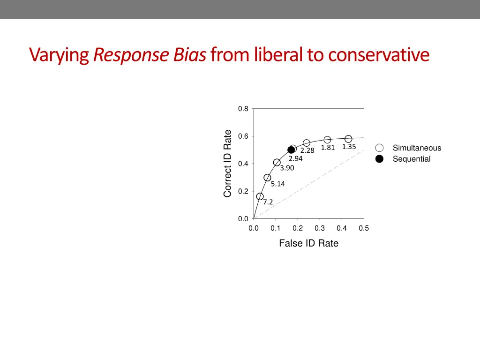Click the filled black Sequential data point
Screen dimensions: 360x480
point(291,150)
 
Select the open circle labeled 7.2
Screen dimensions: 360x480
point(260,196)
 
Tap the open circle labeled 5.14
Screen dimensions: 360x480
point(267,178)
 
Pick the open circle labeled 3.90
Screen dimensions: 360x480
point(277,163)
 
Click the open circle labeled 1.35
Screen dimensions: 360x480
point(348,139)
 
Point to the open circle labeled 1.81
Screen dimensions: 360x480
point(327,140)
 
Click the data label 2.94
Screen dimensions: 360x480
point(295,158)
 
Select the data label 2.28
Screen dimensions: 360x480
point(307,150)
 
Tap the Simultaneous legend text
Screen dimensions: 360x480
point(417,148)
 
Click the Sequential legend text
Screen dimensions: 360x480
point(411,159)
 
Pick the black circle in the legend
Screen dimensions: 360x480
point(379,159)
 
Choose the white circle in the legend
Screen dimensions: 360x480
point(379,148)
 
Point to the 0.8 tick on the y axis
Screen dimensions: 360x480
point(243,109)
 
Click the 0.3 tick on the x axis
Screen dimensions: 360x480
point(320,228)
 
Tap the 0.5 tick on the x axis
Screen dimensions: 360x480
point(364,228)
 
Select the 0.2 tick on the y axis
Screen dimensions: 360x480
point(243,191)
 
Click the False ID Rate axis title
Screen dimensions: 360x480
point(308,243)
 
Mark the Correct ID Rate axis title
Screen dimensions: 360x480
point(228,163)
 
